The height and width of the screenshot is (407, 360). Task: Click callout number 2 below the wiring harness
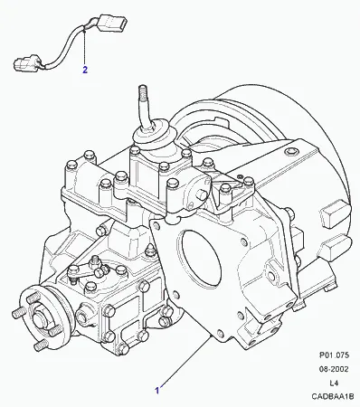pos(85,70)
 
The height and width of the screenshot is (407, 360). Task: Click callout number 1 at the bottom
pos(156,391)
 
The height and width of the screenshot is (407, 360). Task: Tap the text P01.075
pos(334,355)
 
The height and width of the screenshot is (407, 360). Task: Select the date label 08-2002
pos(334,369)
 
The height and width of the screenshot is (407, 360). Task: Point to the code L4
pos(334,383)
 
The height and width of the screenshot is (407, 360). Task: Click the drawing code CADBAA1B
pos(333,397)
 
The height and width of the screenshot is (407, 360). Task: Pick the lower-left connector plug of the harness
pos(26,62)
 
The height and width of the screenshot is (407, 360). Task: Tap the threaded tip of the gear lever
pos(142,91)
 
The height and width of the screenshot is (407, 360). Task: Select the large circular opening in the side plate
pos(199,260)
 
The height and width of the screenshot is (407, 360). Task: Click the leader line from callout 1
pos(185,361)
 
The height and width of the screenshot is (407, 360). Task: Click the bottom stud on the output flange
pos(40,345)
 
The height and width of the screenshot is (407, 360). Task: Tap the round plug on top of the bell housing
pos(291,151)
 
